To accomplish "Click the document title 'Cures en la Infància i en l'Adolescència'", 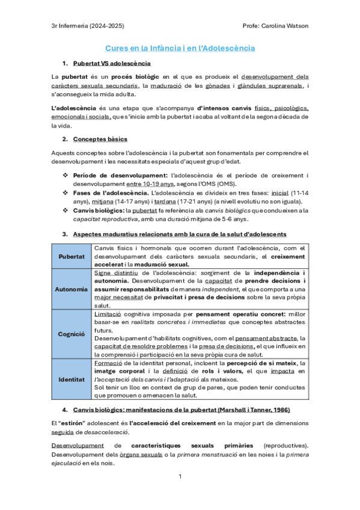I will click(180, 48).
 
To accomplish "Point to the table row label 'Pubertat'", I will click(72, 256).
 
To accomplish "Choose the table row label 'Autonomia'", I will click(72, 289).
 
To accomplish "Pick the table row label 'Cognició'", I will click(72, 333).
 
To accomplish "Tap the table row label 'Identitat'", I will click(72, 380).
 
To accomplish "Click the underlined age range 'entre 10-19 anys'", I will click(150, 183).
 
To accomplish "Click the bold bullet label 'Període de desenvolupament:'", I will click(113, 175).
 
